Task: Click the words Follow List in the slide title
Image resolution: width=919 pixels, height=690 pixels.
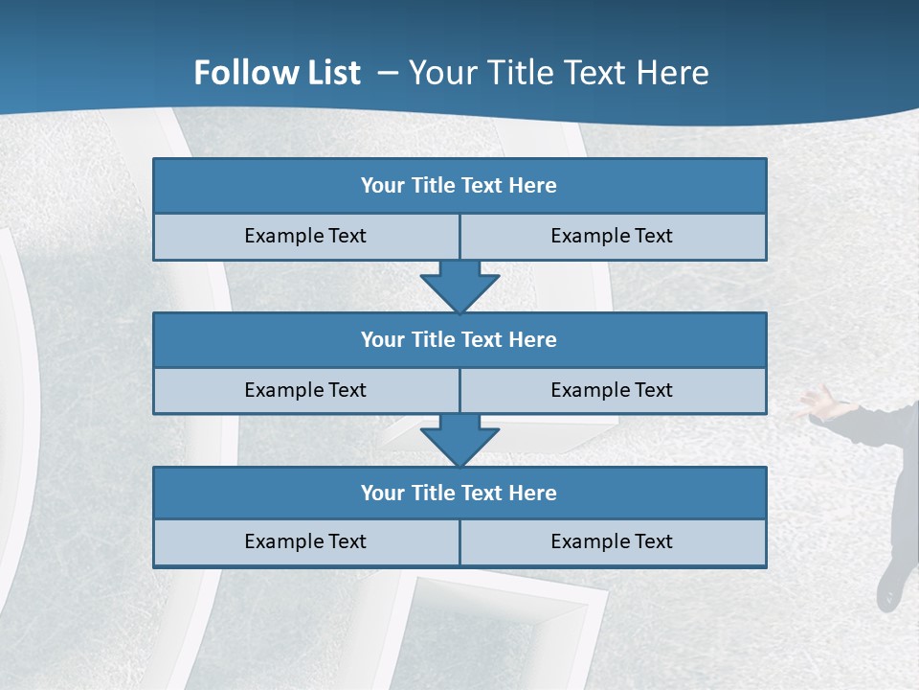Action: point(277,73)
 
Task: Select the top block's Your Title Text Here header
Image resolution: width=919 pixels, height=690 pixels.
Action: point(459,186)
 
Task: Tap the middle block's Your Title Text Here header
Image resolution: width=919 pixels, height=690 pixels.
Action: point(459,339)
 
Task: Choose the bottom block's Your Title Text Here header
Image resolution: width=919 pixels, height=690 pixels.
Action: point(459,493)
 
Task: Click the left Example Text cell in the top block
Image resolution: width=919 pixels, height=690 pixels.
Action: point(305,236)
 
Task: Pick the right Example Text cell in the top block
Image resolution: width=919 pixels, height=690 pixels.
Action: point(612,236)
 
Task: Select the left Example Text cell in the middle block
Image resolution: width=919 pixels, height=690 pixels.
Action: point(305,390)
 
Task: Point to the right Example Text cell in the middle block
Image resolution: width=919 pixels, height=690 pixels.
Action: point(612,390)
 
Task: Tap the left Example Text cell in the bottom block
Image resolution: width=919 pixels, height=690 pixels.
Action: point(305,541)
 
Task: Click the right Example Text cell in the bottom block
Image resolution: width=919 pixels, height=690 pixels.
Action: point(612,541)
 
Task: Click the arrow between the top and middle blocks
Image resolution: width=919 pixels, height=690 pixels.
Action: point(459,286)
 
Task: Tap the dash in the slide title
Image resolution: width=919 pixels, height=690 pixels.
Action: point(388,73)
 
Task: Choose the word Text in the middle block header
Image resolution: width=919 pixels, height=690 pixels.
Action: point(482,339)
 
